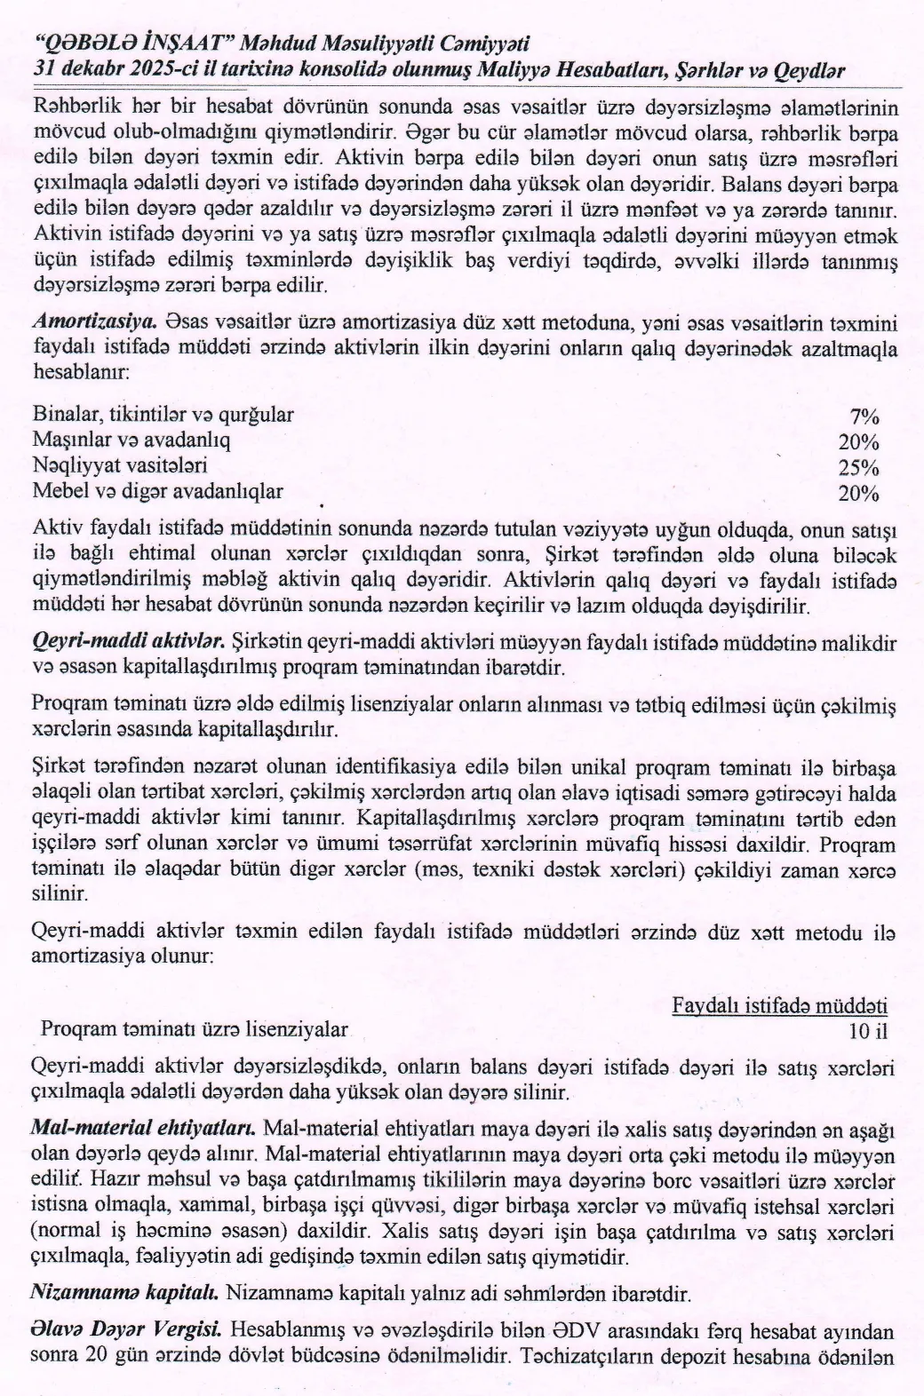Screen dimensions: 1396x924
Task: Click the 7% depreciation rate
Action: tap(864, 416)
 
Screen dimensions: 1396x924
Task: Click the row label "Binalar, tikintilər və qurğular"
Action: tap(163, 415)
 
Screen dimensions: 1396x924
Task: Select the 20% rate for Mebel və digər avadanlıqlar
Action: tap(858, 494)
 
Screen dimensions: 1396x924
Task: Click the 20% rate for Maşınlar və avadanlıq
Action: tap(858, 442)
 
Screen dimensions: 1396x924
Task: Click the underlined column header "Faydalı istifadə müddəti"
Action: tap(779, 1006)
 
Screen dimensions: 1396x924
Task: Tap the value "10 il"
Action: tap(868, 1031)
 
